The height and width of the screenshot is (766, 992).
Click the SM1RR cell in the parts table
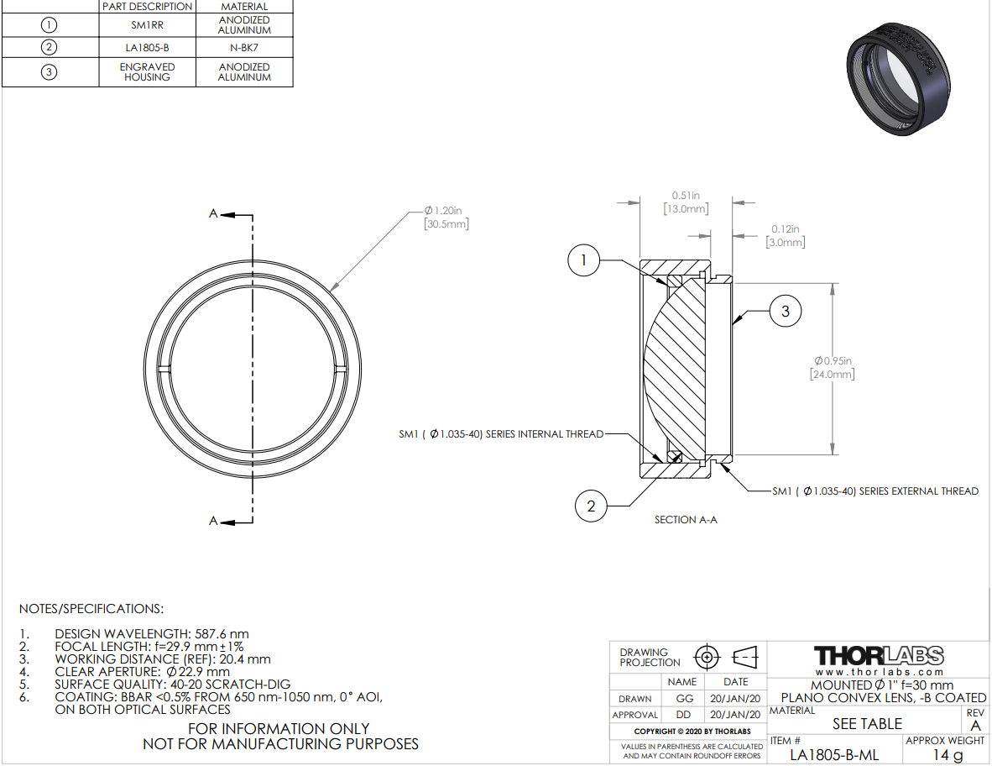(148, 25)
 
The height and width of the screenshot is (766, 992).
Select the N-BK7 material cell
(244, 48)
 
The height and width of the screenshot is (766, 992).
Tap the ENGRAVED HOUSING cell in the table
(148, 72)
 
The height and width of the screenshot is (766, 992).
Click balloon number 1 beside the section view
(583, 260)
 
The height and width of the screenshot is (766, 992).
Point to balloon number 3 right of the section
(785, 311)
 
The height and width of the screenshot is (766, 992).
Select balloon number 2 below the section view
(591, 506)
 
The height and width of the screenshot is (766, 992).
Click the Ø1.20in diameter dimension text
(446, 217)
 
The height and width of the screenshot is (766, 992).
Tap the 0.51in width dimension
(686, 202)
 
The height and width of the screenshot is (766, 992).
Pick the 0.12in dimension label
(785, 235)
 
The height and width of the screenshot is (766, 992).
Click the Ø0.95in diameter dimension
(833, 367)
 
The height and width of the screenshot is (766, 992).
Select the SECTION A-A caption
(686, 520)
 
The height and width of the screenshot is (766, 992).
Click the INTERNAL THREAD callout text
(501, 434)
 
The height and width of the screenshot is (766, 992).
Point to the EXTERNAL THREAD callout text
(875, 491)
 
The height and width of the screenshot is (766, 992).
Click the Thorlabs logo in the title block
(879, 656)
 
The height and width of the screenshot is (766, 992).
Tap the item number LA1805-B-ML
(834, 754)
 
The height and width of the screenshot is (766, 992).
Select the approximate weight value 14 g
(948, 754)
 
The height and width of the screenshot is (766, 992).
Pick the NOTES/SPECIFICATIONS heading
(91, 609)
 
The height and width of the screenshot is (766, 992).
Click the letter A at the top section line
(213, 214)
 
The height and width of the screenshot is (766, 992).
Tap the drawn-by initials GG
(685, 698)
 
